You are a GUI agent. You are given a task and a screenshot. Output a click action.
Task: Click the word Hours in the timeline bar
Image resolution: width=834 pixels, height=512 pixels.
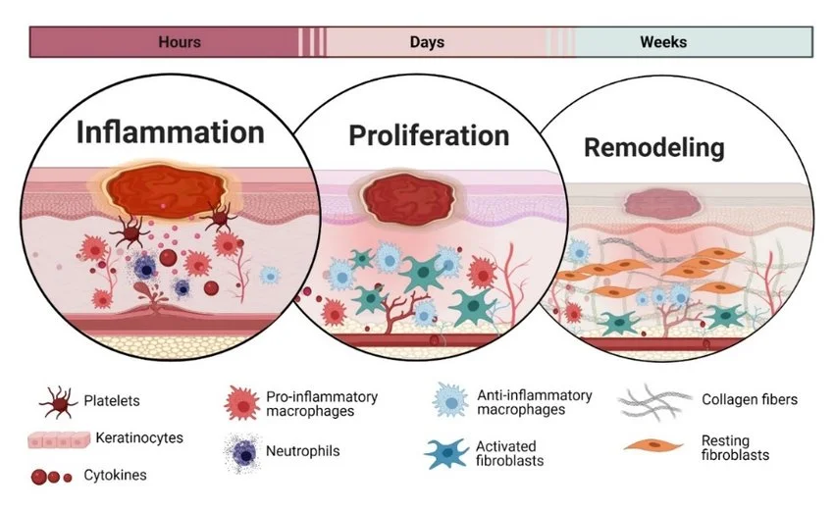(180, 42)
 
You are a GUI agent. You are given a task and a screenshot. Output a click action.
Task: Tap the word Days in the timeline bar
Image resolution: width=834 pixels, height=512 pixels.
(427, 42)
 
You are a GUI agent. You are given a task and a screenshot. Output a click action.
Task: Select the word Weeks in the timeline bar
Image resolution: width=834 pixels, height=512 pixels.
(663, 42)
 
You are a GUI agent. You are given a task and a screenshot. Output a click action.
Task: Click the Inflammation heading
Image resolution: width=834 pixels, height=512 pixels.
(171, 132)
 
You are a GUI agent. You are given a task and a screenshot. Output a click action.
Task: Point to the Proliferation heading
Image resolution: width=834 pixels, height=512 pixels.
(429, 134)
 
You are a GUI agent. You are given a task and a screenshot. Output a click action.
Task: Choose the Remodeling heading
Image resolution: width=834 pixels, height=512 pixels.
(654, 148)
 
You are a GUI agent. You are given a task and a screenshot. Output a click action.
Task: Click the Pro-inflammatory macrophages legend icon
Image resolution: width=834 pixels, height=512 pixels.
(240, 403)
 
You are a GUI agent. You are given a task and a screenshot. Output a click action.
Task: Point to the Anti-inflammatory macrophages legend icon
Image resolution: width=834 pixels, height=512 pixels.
(449, 402)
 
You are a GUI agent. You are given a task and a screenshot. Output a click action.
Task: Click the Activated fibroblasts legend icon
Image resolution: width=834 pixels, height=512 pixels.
(446, 452)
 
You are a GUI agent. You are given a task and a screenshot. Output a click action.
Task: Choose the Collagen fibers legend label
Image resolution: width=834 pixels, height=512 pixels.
(750, 399)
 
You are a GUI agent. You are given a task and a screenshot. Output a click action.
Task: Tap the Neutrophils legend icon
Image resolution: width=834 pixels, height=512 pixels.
(240, 452)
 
